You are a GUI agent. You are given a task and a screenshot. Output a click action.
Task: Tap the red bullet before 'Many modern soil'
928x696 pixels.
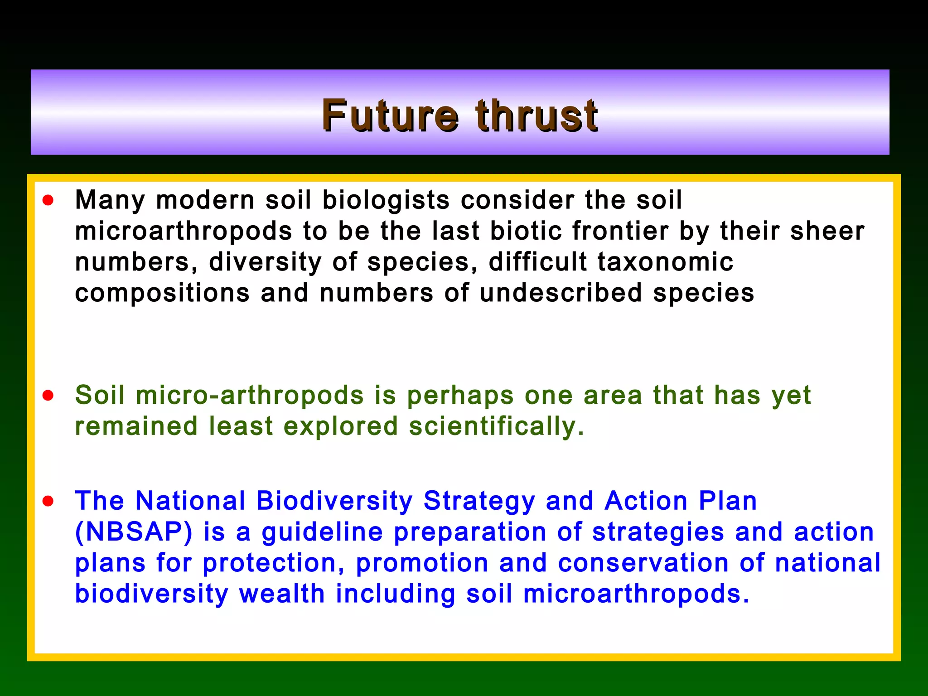pos(48,200)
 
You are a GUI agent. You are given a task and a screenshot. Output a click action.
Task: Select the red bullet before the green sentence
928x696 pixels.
pos(48,396)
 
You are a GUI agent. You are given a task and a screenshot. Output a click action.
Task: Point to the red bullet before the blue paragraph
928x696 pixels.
pos(48,501)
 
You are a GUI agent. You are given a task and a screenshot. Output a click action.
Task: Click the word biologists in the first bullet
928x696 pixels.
pos(386,200)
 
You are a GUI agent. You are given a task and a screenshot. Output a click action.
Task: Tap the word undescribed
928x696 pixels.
pos(561,293)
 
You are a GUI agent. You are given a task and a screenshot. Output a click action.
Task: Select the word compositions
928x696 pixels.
pos(162,293)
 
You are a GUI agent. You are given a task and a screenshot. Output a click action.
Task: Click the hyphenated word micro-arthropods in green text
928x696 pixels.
pos(250,395)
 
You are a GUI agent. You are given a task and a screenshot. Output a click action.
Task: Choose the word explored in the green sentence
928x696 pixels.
pos(341,426)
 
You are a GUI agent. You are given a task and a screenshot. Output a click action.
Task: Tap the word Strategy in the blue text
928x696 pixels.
pos(479,501)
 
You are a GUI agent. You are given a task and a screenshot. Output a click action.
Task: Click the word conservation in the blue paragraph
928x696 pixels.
pos(643,563)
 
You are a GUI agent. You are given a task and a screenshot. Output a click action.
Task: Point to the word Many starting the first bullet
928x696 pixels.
pos(110,200)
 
